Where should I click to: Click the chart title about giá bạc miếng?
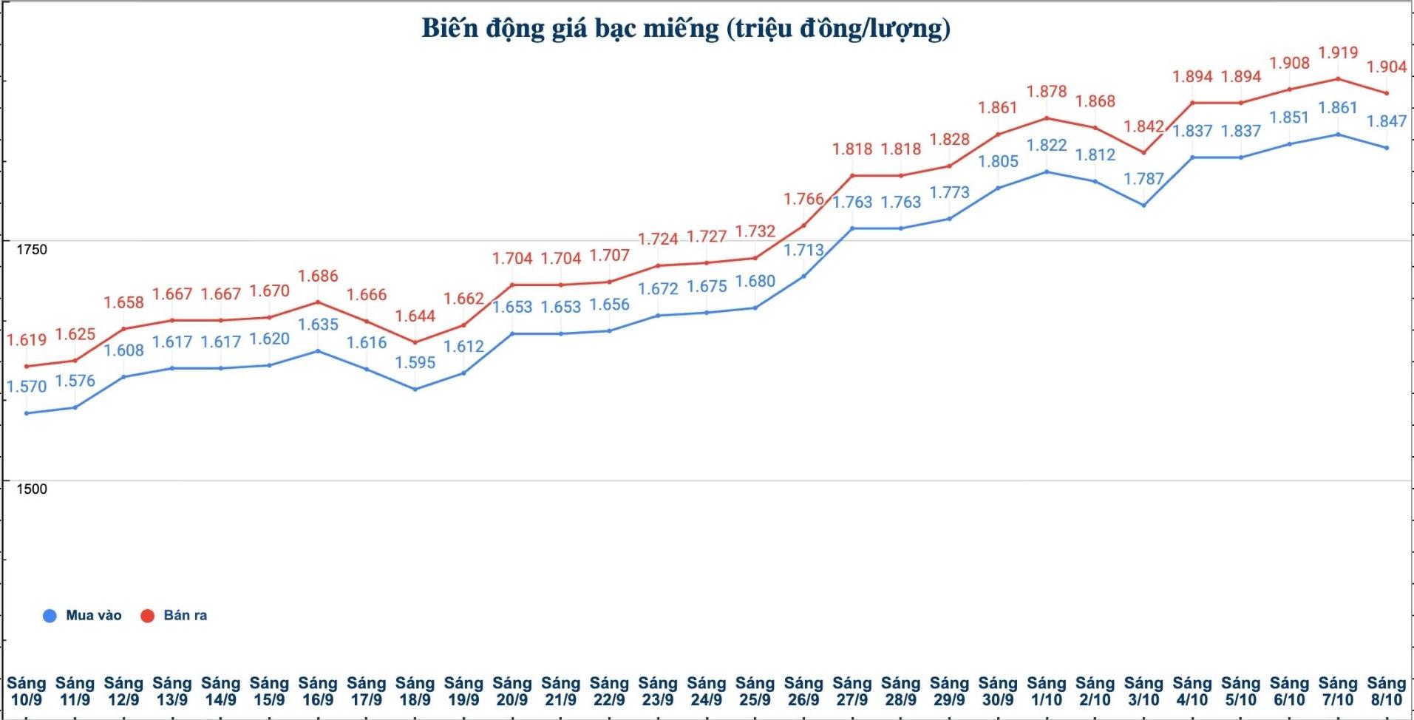point(686,28)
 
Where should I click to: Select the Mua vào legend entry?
point(82,615)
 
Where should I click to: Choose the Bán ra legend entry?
point(174,615)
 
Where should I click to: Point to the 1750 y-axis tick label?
point(32,249)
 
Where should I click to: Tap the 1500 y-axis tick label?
point(32,489)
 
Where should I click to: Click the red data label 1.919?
point(1338,52)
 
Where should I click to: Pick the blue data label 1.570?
point(27,386)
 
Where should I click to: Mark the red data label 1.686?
point(318,276)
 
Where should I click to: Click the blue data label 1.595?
point(415,362)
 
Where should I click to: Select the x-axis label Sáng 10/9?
point(27,691)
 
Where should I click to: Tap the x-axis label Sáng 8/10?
point(1386,691)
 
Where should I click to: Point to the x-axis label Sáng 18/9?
point(415,691)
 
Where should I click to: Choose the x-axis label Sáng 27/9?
point(852,691)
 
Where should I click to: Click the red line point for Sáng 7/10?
point(1338,78)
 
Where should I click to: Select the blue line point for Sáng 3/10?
point(1143,205)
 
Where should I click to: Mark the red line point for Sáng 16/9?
point(318,302)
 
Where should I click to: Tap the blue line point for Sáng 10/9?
point(27,413)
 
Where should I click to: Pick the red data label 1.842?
point(1143,126)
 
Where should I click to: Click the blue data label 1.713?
point(803,250)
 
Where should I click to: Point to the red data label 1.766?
point(803,199)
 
